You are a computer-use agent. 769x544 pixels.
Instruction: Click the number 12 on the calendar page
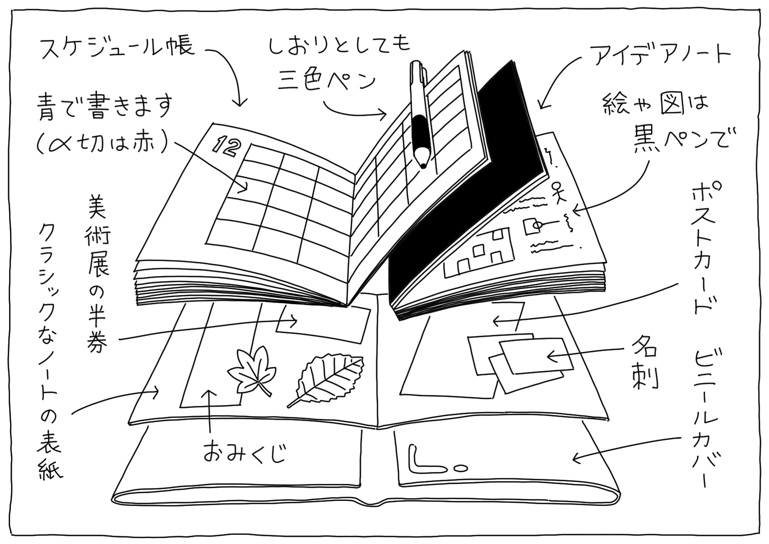227,146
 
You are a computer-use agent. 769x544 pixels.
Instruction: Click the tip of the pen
423,165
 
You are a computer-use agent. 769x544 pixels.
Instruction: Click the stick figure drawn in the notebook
557,192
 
